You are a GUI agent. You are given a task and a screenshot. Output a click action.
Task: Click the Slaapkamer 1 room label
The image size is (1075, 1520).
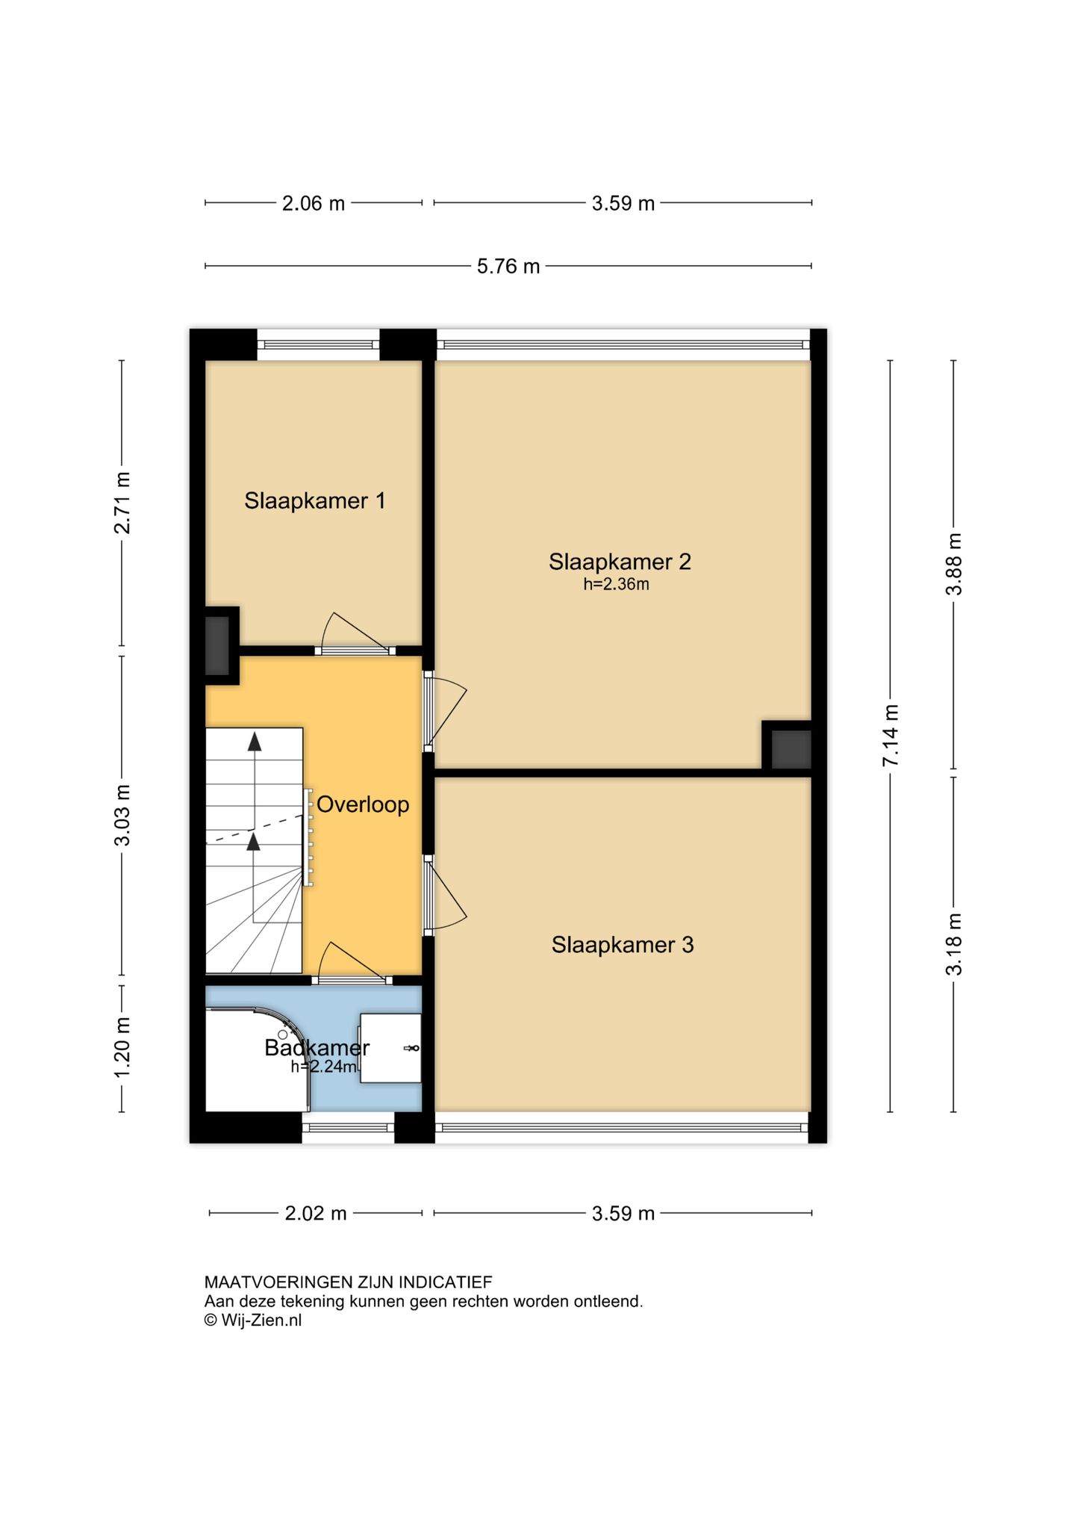[314, 500]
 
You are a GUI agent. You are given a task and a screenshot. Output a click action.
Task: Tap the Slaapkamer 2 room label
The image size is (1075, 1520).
[620, 562]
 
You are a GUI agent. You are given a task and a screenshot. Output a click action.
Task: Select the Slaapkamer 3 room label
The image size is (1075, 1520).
[623, 945]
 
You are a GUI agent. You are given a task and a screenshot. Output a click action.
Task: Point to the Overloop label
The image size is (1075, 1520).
[363, 804]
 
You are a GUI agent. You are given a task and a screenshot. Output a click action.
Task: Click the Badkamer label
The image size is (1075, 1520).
[317, 1048]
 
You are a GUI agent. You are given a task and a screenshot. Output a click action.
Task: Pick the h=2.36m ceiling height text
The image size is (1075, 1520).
[616, 584]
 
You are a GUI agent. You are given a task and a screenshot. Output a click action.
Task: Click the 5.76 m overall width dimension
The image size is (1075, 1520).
[508, 266]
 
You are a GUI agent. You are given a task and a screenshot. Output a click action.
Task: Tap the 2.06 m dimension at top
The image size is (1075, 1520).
[314, 203]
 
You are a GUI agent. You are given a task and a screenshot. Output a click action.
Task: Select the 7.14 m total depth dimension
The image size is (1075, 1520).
[891, 735]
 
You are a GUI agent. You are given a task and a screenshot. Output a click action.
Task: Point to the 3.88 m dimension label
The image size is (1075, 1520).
[954, 564]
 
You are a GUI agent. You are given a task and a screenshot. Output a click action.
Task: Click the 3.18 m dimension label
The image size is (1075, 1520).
[954, 944]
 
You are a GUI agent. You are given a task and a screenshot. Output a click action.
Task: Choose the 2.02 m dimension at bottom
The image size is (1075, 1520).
[316, 1213]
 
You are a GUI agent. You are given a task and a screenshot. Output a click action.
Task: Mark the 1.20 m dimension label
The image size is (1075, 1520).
[122, 1047]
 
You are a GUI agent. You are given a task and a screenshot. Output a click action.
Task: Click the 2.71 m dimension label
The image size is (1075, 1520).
[122, 503]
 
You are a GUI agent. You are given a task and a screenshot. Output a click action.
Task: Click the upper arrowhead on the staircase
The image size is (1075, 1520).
[255, 742]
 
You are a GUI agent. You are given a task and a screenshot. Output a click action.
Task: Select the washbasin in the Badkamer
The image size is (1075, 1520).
[390, 1048]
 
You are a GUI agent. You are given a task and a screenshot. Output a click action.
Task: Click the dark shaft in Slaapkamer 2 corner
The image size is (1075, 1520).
[791, 749]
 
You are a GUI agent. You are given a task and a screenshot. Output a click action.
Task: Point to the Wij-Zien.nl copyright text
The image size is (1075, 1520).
[253, 1320]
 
